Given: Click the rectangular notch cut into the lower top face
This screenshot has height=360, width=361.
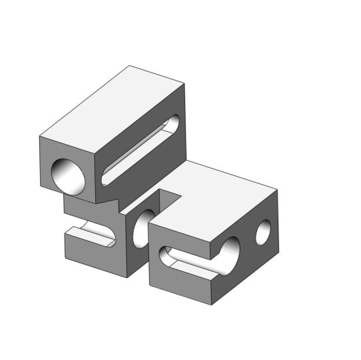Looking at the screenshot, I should (x=171, y=199).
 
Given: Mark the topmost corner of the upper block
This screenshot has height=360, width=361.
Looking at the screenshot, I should (x=131, y=66).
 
